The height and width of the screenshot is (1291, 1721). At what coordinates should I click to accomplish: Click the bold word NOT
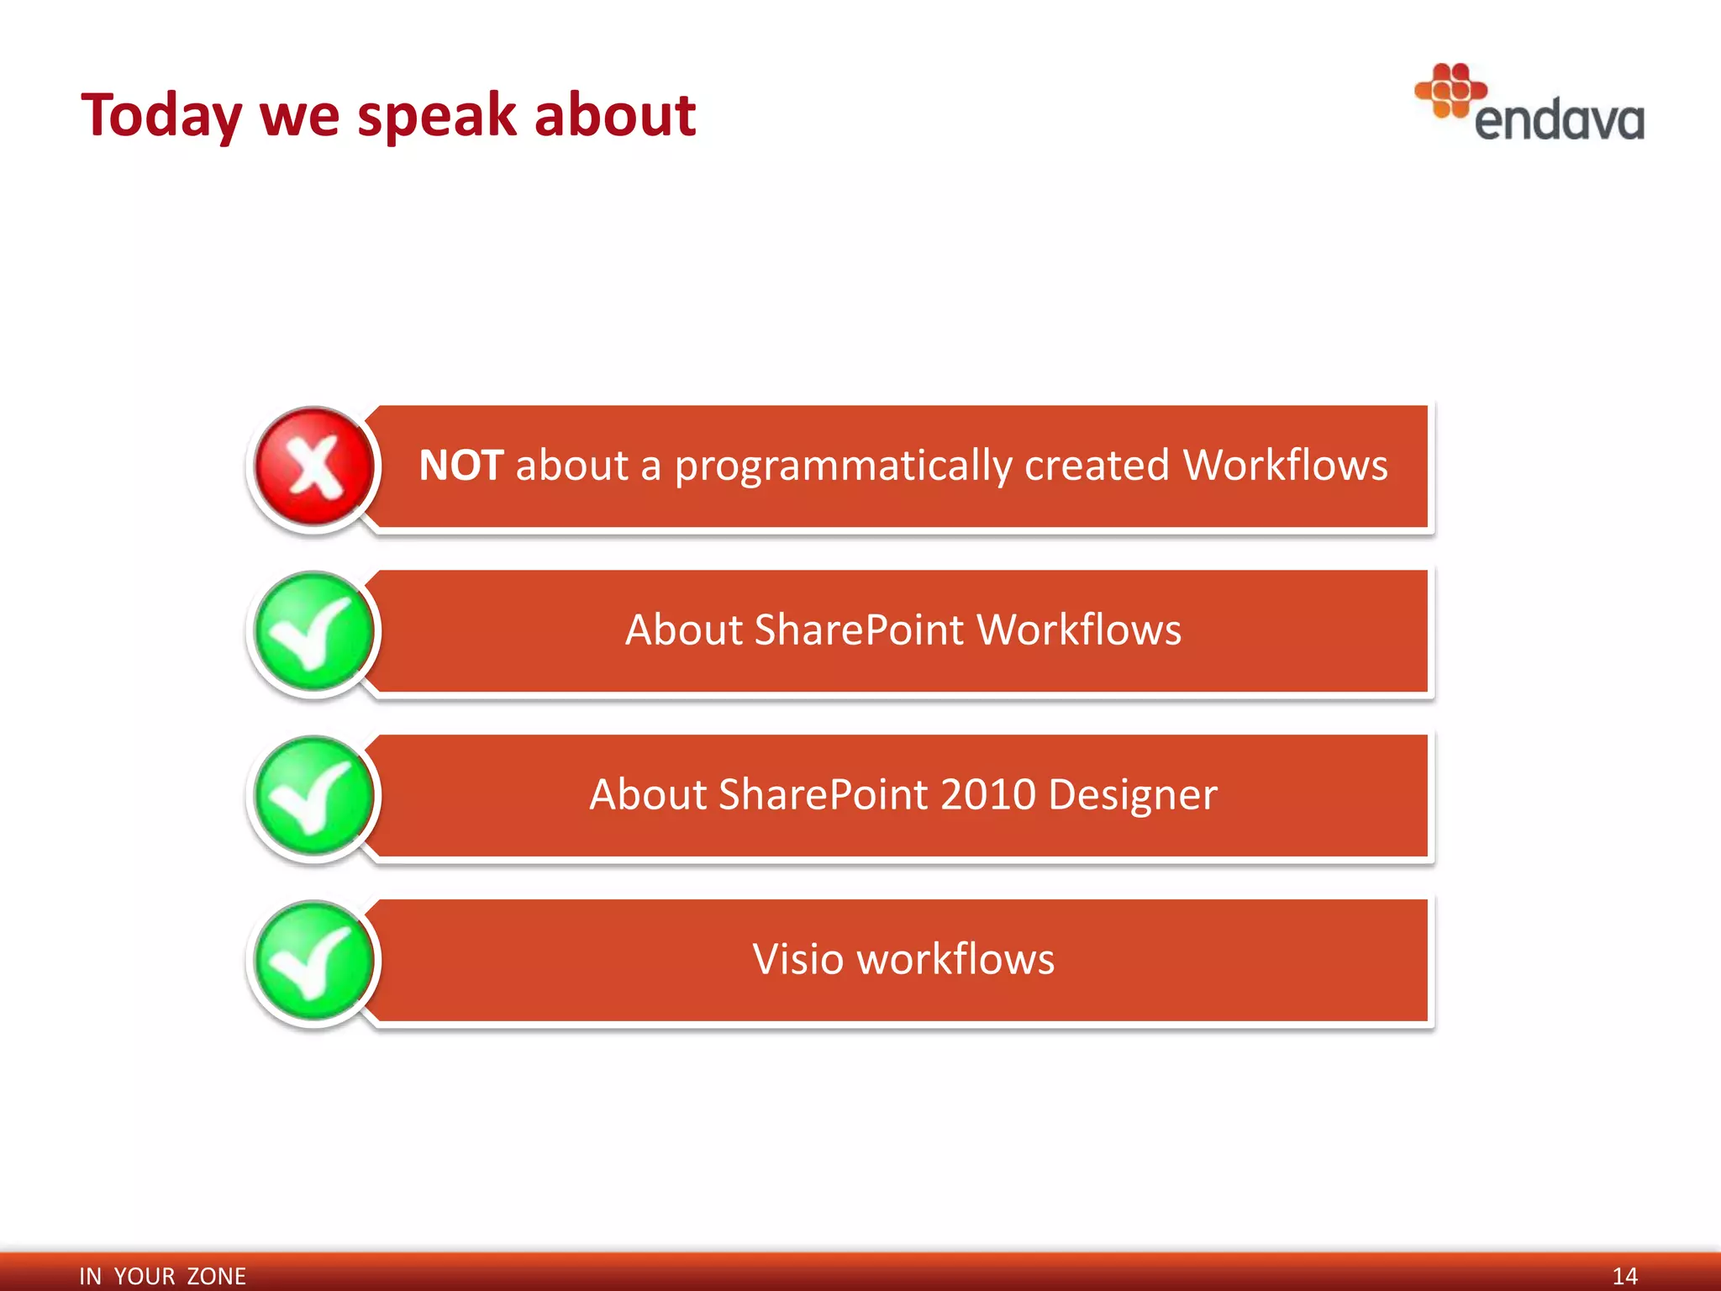click(x=461, y=466)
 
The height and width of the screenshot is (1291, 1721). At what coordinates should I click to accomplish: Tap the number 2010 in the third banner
click(x=987, y=795)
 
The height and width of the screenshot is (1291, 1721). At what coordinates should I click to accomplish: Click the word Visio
click(x=797, y=959)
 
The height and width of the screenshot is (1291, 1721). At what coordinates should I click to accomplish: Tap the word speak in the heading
click(x=435, y=116)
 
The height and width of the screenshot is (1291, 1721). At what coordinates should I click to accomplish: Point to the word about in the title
click(x=614, y=114)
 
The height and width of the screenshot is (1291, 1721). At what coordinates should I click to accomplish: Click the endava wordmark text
click(x=1559, y=121)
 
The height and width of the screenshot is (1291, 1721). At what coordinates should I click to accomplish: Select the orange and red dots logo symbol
click(x=1450, y=90)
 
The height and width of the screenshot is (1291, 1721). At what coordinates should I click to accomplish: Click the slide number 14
click(x=1624, y=1276)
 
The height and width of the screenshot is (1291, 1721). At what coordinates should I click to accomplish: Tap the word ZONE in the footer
click(x=216, y=1276)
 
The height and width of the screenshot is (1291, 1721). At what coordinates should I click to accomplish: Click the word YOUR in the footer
click(x=144, y=1276)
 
